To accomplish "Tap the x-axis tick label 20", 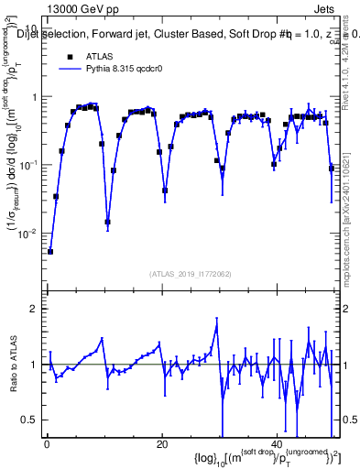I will (161, 443).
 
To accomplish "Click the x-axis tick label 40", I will (277, 443).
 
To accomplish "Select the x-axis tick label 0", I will (46, 443).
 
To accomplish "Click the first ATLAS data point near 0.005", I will (50, 251).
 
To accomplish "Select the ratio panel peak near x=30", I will (217, 320).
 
